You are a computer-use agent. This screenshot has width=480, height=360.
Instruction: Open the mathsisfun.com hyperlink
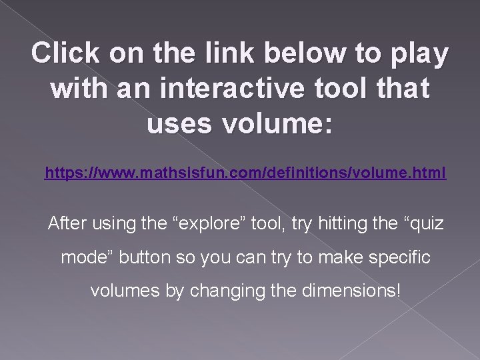pos(245,175)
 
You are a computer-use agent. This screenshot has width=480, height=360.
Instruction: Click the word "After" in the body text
pos(69,223)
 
